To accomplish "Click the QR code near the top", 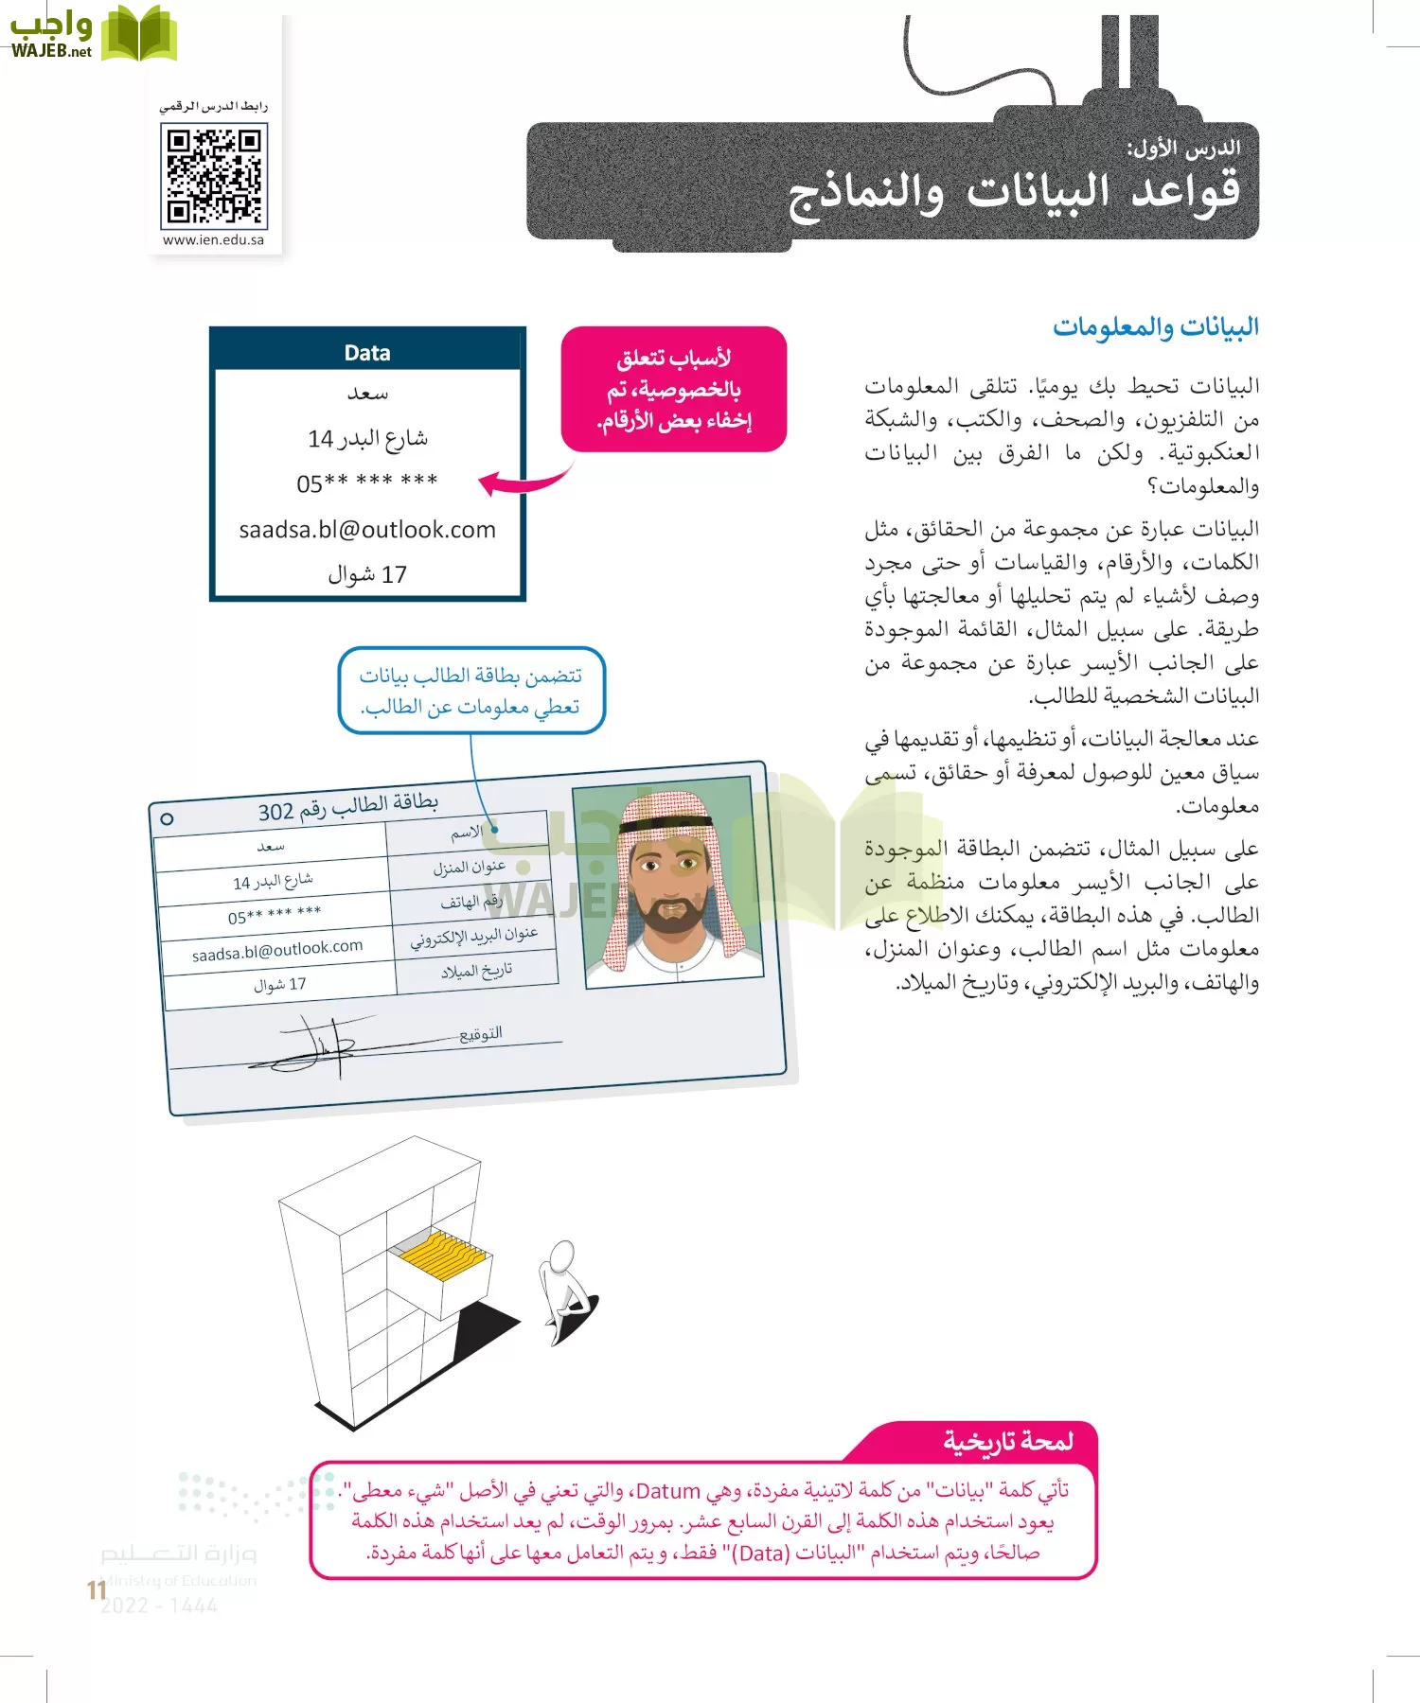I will point(213,176).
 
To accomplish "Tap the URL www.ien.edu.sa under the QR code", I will point(213,240).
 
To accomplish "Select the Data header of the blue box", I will point(367,352).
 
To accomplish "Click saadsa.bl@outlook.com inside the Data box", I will point(367,530).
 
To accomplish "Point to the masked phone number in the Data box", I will point(367,483).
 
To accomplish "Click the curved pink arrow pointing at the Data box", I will point(525,481).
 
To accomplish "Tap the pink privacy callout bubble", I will point(673,389).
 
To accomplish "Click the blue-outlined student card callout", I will point(470,691).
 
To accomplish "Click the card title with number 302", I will point(347,807).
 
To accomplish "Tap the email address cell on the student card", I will point(276,950).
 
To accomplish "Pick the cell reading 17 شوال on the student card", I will point(279,985).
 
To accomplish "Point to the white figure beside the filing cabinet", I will point(565,1287).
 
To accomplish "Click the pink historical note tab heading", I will point(1007,1441).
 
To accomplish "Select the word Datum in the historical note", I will point(667,1492).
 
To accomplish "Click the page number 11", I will point(96,1589).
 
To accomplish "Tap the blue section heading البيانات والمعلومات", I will point(1155,327).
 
